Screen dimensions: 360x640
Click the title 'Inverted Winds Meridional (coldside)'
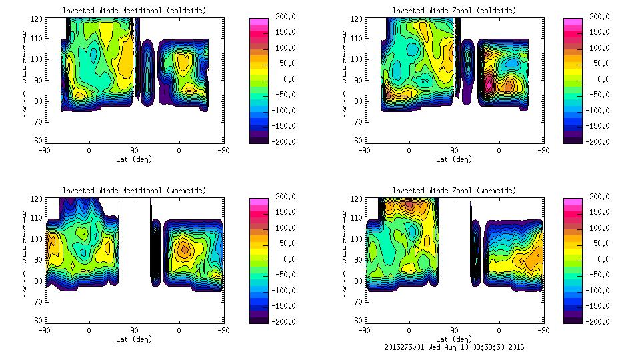[x=134, y=11]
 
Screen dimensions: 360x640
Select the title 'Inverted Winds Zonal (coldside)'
[x=454, y=11]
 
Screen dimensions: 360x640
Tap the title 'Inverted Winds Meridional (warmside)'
[x=134, y=191]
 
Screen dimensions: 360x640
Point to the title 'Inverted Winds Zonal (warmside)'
[x=454, y=191]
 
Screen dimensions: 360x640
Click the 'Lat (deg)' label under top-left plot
[x=133, y=159]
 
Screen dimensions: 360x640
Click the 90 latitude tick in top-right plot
[x=454, y=151]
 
